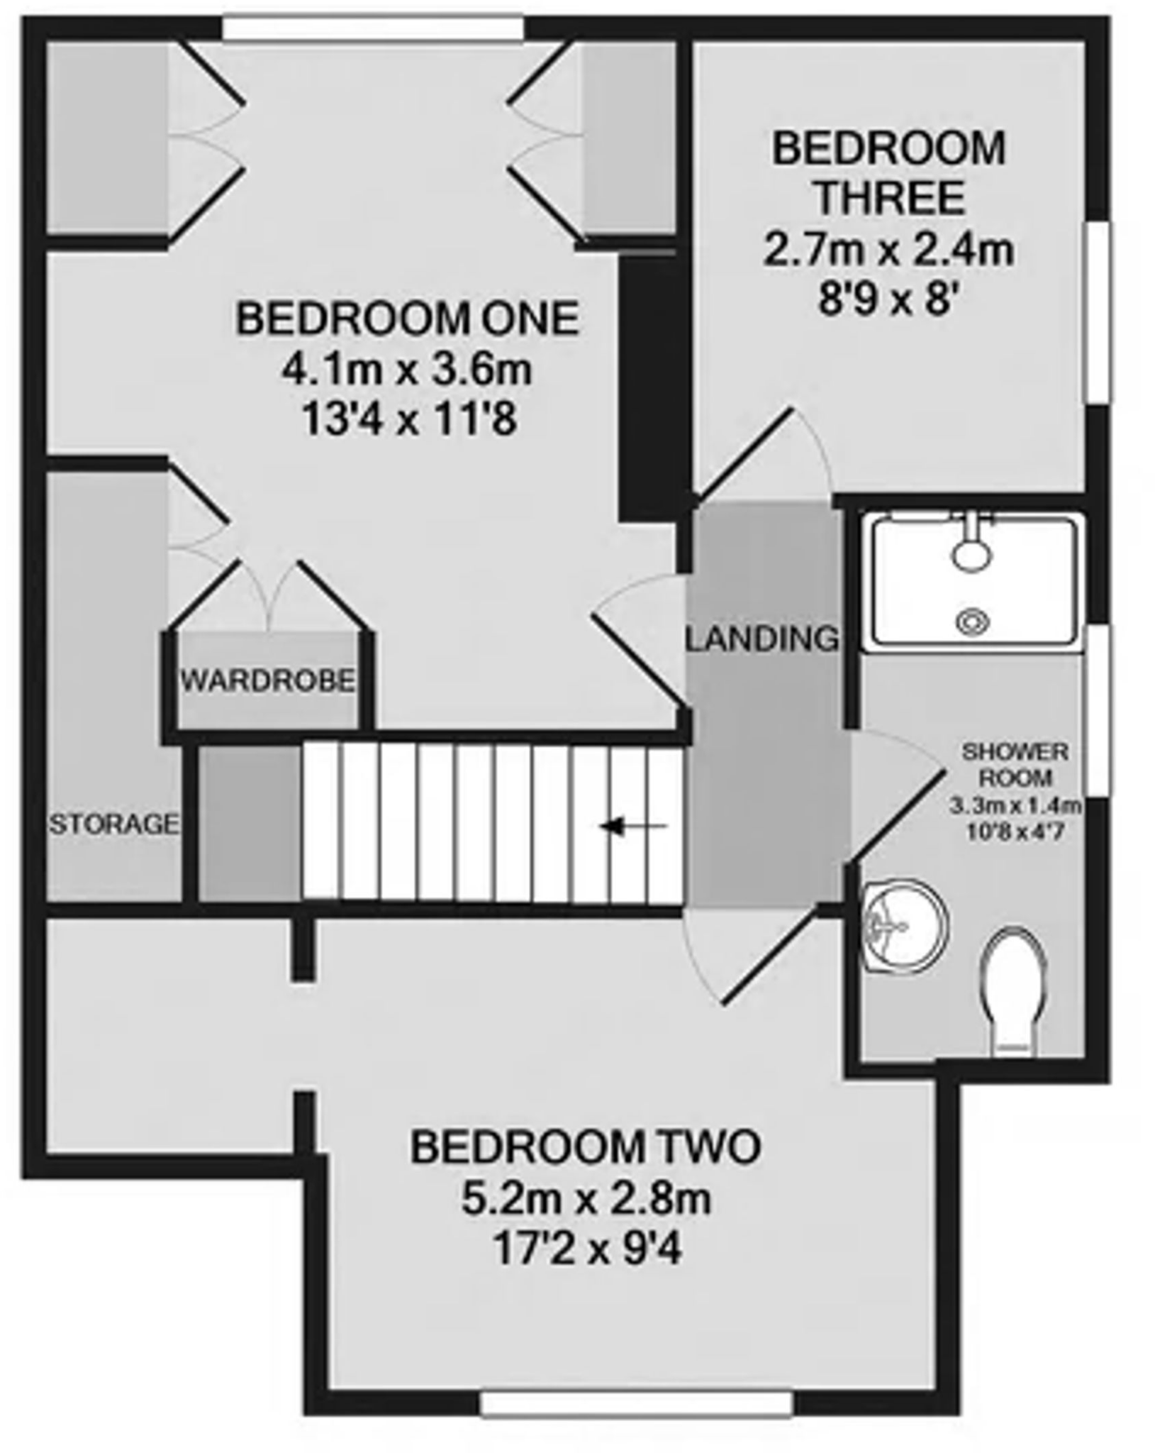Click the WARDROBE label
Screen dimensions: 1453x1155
click(x=268, y=681)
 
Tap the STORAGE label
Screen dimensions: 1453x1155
click(x=113, y=824)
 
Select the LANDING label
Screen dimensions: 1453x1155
click(x=762, y=639)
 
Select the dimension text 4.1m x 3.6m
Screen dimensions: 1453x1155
click(x=408, y=370)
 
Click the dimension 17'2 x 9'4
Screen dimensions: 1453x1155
click(x=586, y=1251)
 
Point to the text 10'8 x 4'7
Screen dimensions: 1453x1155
click(x=1015, y=831)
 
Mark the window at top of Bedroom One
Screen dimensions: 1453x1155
click(x=373, y=28)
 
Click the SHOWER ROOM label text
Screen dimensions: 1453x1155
click(x=1015, y=764)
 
